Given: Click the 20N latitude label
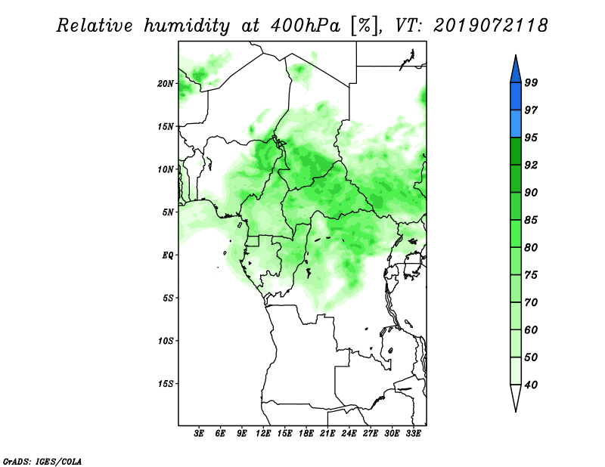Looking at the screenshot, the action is [x=166, y=84].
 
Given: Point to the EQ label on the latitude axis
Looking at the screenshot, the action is [x=167, y=255].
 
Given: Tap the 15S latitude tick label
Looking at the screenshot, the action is [x=166, y=384].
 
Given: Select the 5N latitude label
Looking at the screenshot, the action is [x=168, y=212].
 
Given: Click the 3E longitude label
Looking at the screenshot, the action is [x=199, y=434].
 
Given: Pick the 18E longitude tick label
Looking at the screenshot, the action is [x=306, y=434].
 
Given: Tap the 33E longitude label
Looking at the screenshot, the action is [x=413, y=434].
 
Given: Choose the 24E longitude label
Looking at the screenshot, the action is [x=349, y=434].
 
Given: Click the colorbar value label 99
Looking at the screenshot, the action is [x=531, y=82].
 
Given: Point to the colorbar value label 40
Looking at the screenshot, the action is [x=531, y=385].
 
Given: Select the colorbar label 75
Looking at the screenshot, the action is [x=531, y=275].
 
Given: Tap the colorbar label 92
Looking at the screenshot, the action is [x=531, y=165].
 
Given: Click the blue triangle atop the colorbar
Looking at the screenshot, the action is [x=516, y=71].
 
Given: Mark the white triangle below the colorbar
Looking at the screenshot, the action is [x=516, y=395].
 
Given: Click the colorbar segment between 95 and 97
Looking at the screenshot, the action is [x=516, y=124].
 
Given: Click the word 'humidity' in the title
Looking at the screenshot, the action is [x=187, y=26].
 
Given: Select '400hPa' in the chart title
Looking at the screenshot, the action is [x=306, y=26].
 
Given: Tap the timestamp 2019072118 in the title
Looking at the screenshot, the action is [x=490, y=26].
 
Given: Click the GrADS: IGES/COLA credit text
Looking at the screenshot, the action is [x=42, y=462].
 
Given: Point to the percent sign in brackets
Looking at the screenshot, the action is [x=364, y=26].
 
